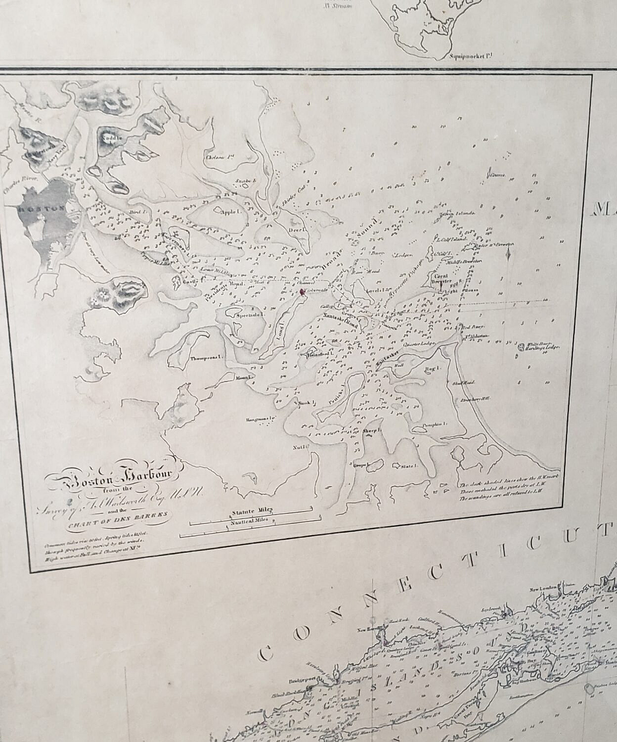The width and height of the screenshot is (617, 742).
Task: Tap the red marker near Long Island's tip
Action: [302, 292]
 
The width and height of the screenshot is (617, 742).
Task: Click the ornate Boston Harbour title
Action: [114, 477]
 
